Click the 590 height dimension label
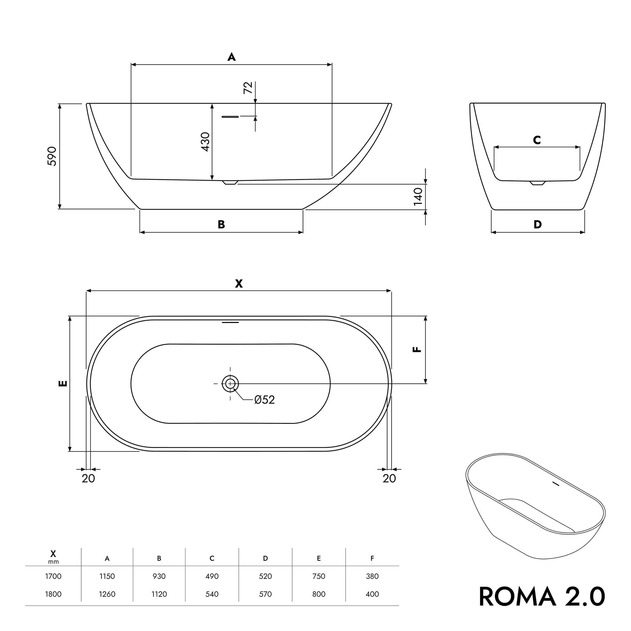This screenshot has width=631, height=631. pos(52,156)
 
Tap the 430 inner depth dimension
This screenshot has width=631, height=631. pos(205,142)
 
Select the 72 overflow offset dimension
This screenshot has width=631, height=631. pos(248,88)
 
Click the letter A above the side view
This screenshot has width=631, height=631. pos(231,57)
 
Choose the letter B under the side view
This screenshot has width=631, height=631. pos(221,225)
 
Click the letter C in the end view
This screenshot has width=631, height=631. pos(537,140)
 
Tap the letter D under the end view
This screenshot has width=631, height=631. pos(538,225)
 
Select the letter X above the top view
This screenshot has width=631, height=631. pos(239,284)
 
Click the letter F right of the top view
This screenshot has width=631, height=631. pos(417,350)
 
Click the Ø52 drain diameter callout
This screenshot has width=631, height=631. pos(264,400)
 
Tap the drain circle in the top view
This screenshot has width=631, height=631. pos(230,384)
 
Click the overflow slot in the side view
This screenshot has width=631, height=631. pos(230,117)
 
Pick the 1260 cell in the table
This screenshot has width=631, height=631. pos(107,594)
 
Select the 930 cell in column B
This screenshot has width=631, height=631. pos(159,576)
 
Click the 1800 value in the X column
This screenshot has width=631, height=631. pos(53,594)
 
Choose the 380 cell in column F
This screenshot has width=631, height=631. pos(372,576)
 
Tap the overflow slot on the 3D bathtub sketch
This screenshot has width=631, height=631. pos(556,484)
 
